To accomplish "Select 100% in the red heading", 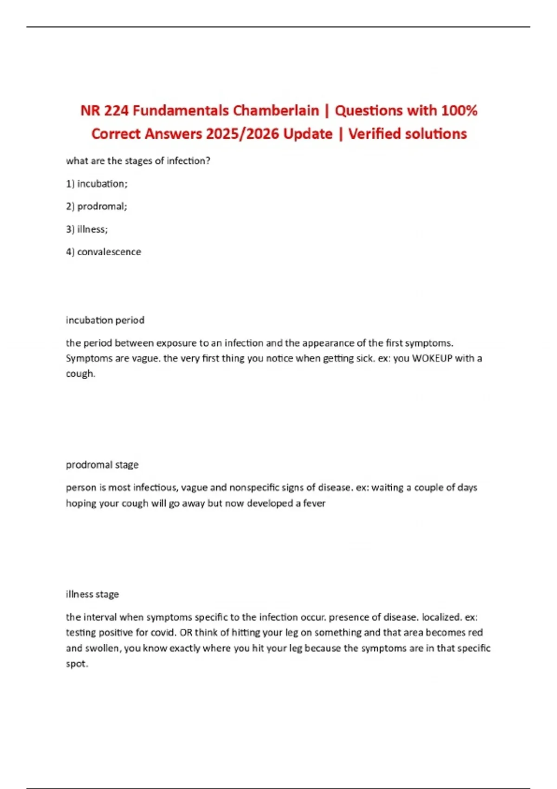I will pos(459,110).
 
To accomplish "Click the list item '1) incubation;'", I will pos(97,184).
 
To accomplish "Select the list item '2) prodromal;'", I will pos(97,207).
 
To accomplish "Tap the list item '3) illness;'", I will pos(87,229).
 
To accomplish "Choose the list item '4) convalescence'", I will pos(104,252).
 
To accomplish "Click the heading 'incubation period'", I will pos(105,320).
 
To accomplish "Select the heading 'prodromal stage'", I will pos(102,465).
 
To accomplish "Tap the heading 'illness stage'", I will pos(92,594).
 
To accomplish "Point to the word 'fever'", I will pos(314,503).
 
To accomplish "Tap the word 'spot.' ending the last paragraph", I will pos(77,664).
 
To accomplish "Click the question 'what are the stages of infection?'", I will pos(138,161).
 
